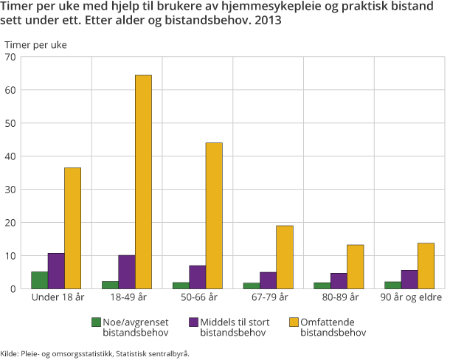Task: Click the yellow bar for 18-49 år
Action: (143, 181)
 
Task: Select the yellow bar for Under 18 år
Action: (72, 228)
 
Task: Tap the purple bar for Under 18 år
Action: (56, 271)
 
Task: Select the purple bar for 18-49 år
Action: (126, 271)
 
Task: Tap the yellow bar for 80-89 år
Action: (355, 266)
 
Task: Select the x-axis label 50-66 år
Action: (198, 298)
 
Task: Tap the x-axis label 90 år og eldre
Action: (409, 298)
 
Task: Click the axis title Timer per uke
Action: (35, 44)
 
